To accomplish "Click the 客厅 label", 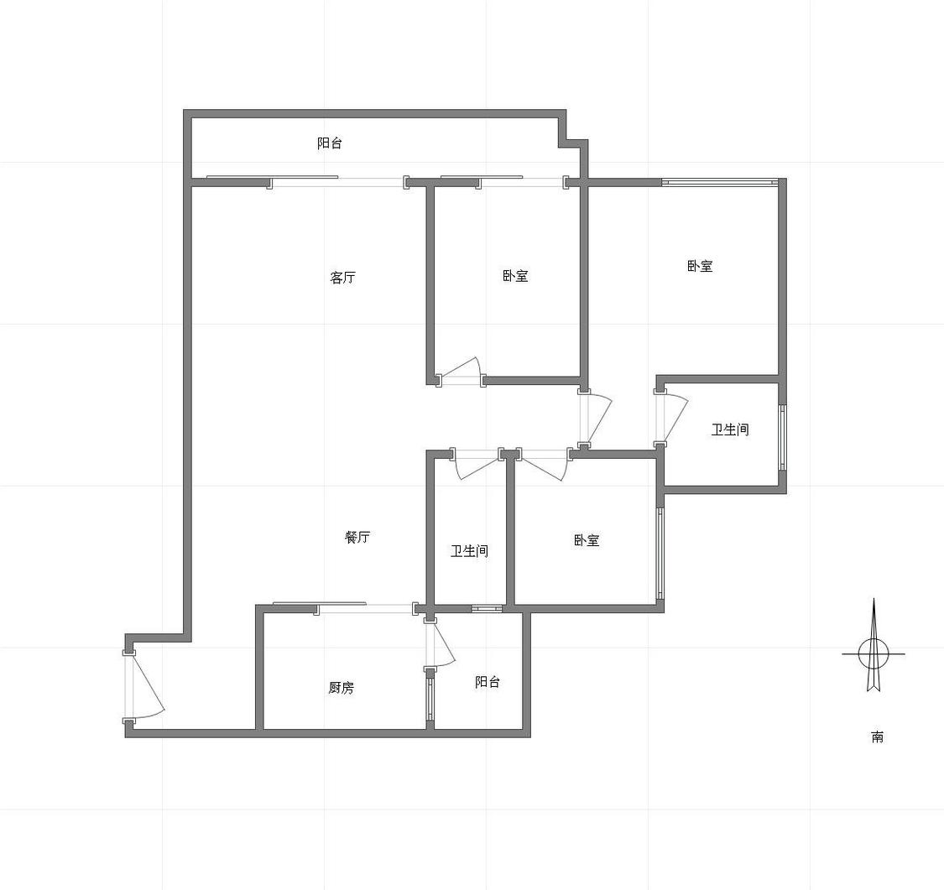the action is click(342, 278).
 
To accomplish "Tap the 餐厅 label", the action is click(357, 537).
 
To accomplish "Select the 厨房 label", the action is click(342, 687).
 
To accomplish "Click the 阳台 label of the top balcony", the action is click(330, 143).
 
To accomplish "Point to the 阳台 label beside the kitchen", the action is click(487, 682).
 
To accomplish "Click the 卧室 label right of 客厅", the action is click(515, 276).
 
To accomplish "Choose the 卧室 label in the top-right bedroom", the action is click(700, 266).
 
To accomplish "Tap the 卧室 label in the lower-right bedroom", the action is click(587, 539).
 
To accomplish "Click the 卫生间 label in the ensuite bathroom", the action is click(730, 429).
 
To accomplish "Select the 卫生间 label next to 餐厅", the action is click(469, 550).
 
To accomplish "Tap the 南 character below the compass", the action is click(878, 736).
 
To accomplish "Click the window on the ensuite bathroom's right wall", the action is click(782, 438).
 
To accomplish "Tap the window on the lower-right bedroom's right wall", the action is click(660, 553).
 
